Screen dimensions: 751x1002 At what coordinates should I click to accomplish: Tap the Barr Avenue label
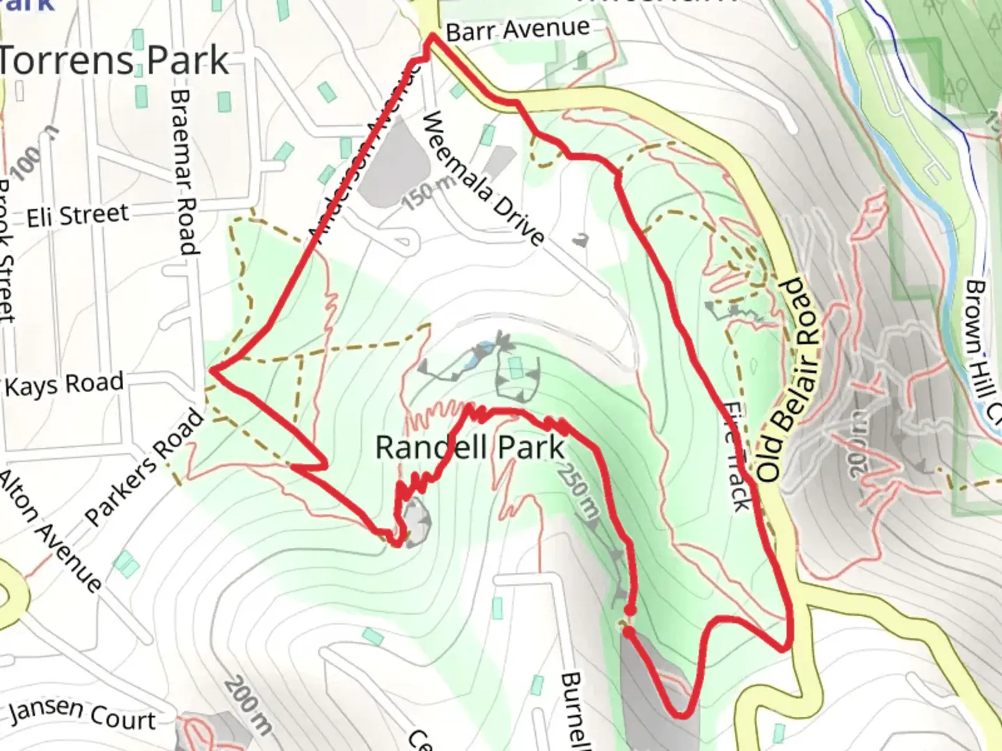pos(517,30)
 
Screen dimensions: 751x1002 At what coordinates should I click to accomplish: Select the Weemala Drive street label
pos(482,179)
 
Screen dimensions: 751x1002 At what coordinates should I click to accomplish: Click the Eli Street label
pos(78,216)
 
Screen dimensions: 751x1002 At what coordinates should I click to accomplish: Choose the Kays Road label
pos(65,384)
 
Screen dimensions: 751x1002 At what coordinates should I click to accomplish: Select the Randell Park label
pos(470,447)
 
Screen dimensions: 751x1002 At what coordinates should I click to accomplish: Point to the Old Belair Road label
pos(790,380)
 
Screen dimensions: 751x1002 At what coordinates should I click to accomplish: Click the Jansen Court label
pos(82,713)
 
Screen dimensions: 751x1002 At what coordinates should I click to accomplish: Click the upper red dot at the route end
pos(629,610)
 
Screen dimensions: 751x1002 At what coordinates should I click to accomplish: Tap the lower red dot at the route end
pos(628,632)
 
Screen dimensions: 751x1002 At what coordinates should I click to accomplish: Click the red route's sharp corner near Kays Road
pos(212,371)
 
